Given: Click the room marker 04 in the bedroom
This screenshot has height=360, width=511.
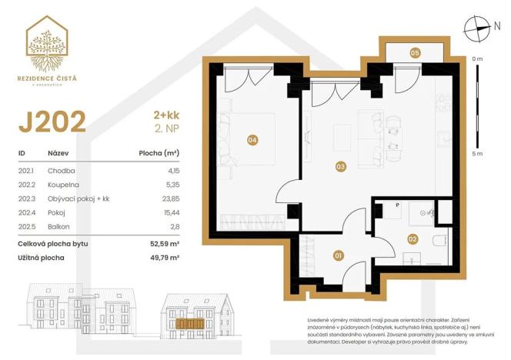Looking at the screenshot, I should [x=252, y=139].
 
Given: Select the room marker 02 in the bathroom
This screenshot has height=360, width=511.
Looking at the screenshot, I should [x=412, y=239].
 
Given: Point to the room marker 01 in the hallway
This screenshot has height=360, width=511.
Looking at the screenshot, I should [x=337, y=255].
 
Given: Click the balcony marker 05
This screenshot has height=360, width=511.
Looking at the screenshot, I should [x=414, y=53].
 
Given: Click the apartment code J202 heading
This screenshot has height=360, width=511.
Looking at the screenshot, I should [x=51, y=122].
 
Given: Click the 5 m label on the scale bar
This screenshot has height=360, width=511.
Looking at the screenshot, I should [x=477, y=155].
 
